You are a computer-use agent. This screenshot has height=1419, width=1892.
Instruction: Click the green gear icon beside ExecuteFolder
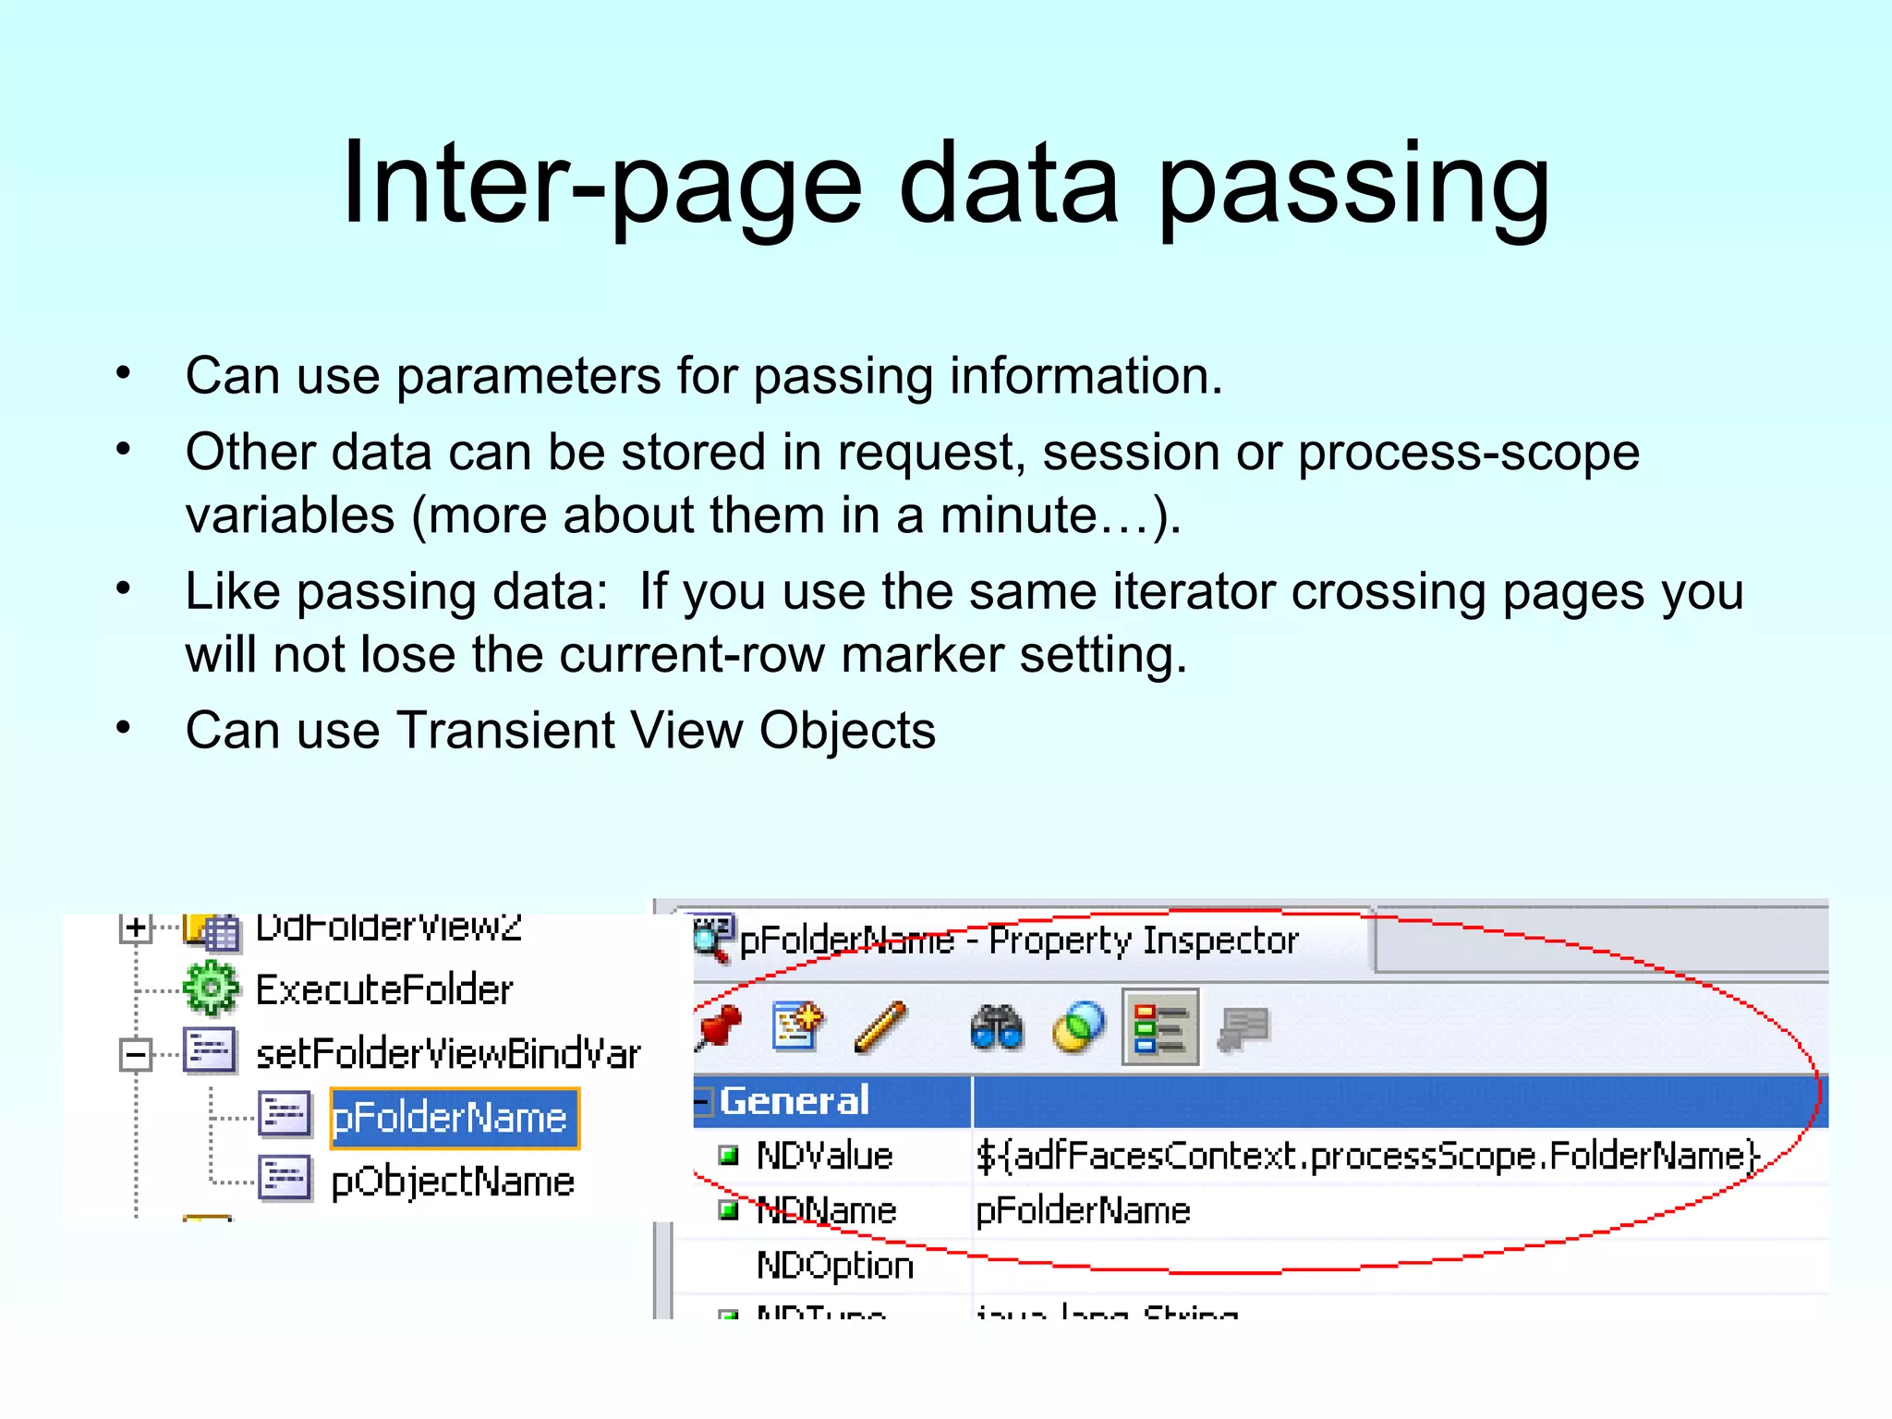[x=211, y=988]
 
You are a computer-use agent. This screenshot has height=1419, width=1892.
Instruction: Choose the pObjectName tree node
[x=453, y=1182]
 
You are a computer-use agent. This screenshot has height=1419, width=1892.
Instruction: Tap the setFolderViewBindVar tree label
[x=448, y=1054]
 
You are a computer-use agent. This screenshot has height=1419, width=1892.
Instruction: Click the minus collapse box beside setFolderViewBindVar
[x=136, y=1054]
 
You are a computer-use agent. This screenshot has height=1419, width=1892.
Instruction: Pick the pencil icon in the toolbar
[x=879, y=1027]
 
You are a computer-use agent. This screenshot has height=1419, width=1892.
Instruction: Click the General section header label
[x=794, y=1101]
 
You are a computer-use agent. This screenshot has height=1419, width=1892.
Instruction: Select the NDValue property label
[x=824, y=1156]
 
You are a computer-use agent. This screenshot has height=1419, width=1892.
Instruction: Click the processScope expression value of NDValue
[x=1367, y=1156]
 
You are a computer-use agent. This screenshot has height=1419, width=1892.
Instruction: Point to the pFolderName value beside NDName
[x=1083, y=1210]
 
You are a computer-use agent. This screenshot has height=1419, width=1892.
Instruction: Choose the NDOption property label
[x=834, y=1265]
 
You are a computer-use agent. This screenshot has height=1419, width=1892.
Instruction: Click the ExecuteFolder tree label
[x=383, y=990]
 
